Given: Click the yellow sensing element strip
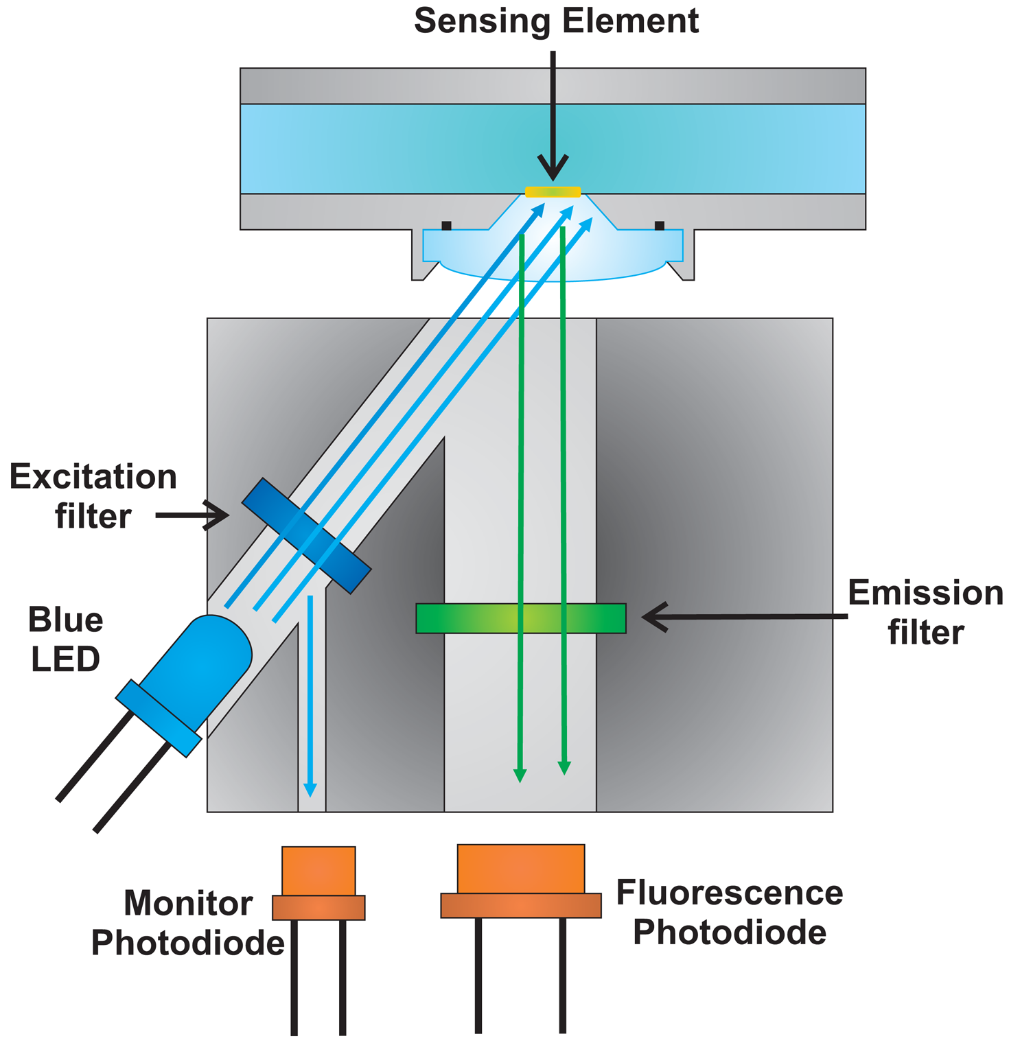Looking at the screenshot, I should [553, 191].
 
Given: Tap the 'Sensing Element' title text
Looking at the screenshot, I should [556, 21].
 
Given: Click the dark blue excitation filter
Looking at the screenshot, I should [306, 535].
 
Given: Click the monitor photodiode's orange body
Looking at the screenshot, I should [318, 871].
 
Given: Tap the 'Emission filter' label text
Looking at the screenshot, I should [925, 612].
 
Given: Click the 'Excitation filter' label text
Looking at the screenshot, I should [93, 496].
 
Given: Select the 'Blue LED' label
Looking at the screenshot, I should [65, 639].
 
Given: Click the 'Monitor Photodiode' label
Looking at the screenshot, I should [188, 923].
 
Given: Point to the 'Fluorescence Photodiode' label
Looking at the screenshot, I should [729, 913].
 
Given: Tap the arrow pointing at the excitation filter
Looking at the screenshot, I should [192, 515].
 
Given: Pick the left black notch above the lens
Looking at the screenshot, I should [446, 225].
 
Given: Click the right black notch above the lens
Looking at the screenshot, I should [659, 225].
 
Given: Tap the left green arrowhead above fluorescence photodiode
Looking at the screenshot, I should [520, 775].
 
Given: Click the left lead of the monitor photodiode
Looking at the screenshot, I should [294, 974].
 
